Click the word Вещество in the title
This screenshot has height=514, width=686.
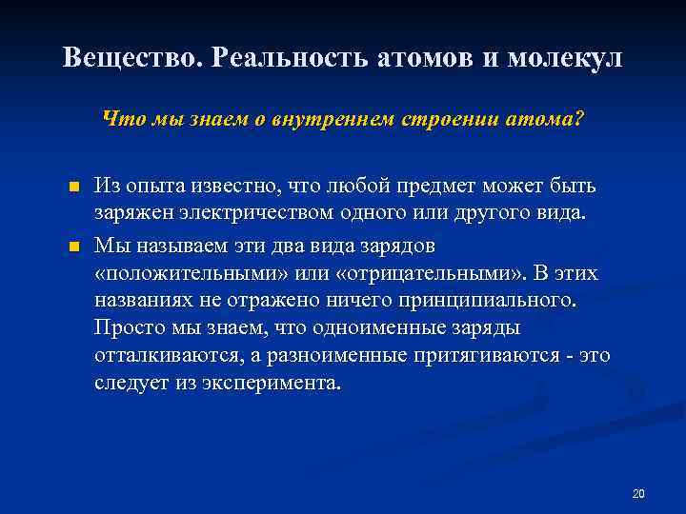[x=132, y=57]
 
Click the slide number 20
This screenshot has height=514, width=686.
[x=638, y=493]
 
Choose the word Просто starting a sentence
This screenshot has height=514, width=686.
[x=130, y=327]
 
